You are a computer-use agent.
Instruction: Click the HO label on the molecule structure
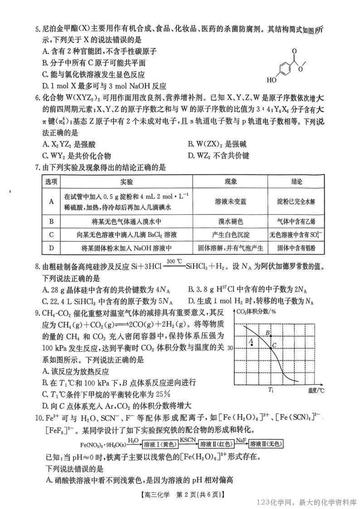pos(271,81)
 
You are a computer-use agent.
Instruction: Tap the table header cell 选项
pos(51,181)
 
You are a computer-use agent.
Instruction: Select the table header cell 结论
pos(297,181)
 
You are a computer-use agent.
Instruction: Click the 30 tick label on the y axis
pos(230,348)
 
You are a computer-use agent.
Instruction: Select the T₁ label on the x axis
pos(271,389)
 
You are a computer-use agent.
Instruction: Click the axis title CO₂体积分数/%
pos(256,311)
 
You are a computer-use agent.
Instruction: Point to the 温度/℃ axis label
pos(314,390)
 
